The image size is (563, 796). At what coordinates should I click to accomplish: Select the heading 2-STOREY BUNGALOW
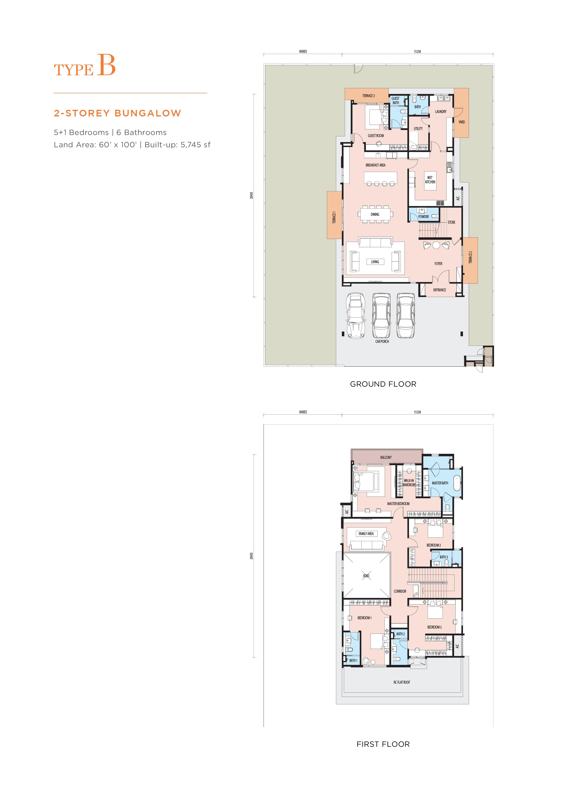[117, 113]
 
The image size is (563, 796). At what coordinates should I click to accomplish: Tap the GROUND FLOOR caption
[383, 384]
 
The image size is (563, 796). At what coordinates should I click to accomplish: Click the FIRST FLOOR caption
[383, 744]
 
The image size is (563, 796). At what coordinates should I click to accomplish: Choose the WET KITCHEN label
[430, 179]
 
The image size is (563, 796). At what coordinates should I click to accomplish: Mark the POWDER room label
[423, 217]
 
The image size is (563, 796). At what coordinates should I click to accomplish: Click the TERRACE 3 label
[369, 96]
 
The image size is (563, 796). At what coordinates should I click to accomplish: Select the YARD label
[461, 122]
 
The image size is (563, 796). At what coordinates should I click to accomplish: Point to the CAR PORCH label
[382, 341]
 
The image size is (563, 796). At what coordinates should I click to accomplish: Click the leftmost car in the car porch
[356, 315]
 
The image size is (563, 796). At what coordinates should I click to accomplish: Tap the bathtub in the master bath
[457, 483]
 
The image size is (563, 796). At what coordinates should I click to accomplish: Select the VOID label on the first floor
[366, 576]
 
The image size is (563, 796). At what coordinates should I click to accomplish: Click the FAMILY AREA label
[366, 533]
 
